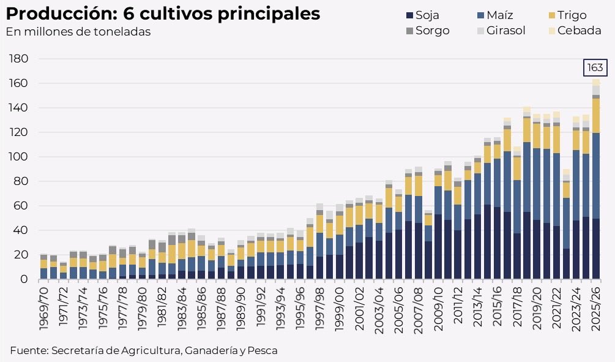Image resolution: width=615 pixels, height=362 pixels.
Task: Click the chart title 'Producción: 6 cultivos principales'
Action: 163,13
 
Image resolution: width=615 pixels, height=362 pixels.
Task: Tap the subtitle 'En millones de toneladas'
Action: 78,32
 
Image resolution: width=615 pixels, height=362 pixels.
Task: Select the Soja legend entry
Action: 422,15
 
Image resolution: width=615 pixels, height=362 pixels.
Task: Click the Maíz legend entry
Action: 495,15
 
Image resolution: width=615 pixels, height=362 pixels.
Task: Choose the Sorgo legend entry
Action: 428,31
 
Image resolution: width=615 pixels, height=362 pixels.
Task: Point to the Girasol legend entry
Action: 501,31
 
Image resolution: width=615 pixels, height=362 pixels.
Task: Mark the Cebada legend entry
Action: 575,31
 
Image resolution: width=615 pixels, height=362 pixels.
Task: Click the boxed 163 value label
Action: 595,67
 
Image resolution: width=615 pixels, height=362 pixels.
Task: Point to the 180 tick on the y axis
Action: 18,59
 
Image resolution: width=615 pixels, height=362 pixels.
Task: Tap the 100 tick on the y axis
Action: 18,157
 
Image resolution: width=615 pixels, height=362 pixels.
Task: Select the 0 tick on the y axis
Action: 24,279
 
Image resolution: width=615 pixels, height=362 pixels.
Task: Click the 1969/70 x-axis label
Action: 43,309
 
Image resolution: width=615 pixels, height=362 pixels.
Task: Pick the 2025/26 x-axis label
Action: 596,309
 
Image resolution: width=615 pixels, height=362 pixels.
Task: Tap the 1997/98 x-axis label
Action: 319,309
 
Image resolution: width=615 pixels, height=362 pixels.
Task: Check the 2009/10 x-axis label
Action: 438,309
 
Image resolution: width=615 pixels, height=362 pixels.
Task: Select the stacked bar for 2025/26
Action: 596,179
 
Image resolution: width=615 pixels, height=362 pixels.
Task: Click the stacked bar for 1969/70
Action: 43,266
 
